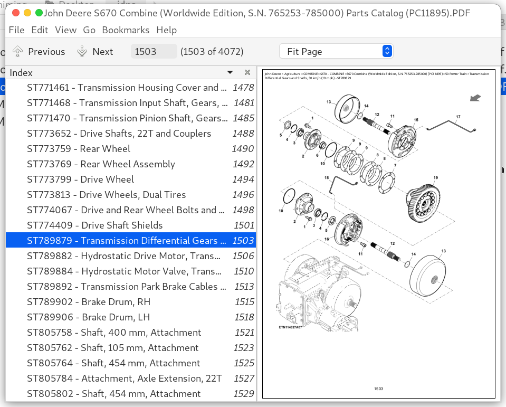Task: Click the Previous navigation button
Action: pyautogui.click(x=39, y=52)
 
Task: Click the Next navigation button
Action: pyautogui.click(x=96, y=52)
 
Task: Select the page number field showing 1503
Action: pyautogui.click(x=153, y=52)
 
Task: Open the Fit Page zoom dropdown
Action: pyautogui.click(x=336, y=52)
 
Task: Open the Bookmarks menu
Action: pyautogui.click(x=126, y=30)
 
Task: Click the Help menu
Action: pyautogui.click(x=167, y=30)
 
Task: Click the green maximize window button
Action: pyautogui.click(x=39, y=13)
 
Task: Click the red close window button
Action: pyautogui.click(x=15, y=13)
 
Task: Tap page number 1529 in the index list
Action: pyautogui.click(x=243, y=394)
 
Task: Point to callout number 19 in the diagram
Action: pyautogui.click(x=436, y=178)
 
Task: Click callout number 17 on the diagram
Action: pyautogui.click(x=458, y=117)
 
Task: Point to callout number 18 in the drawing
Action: pyautogui.click(x=327, y=177)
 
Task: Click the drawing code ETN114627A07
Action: pyautogui.click(x=290, y=327)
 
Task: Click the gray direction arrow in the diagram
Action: pyautogui.click(x=475, y=97)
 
